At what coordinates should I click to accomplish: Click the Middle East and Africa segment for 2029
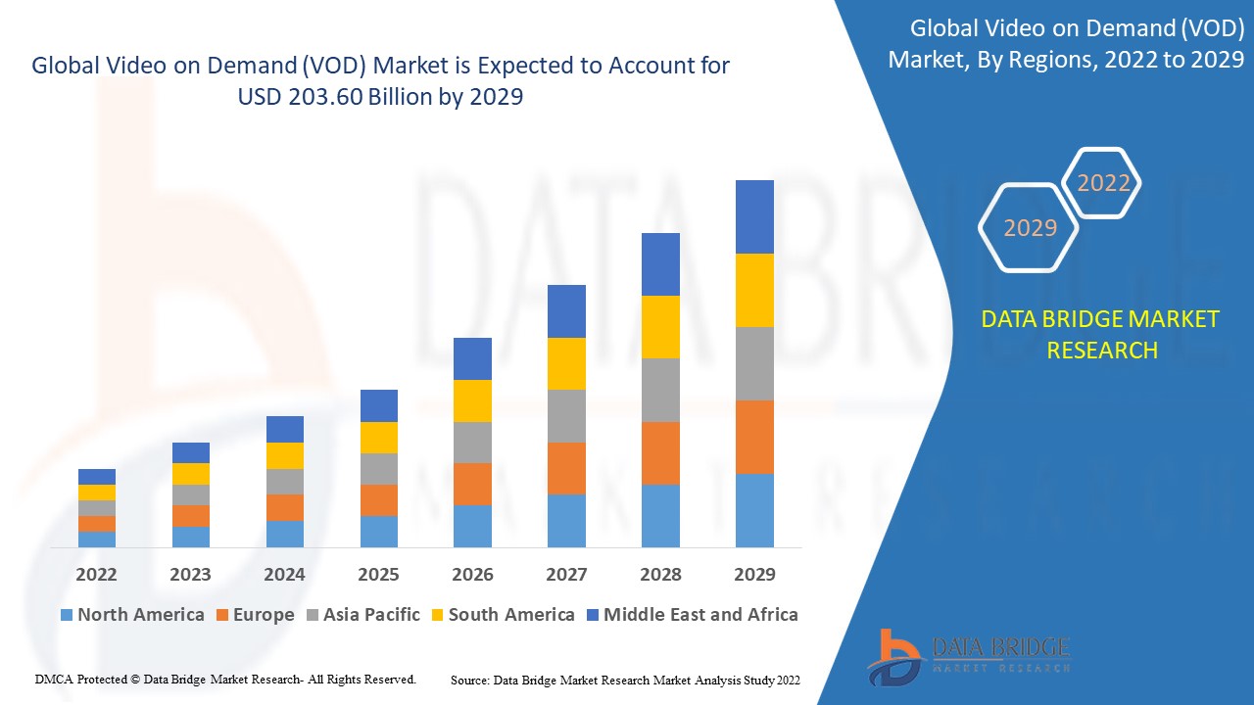[x=754, y=216]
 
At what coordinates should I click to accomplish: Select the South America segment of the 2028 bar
[x=660, y=327]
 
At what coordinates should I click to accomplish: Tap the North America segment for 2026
[x=472, y=526]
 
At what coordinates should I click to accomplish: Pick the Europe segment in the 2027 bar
[x=566, y=468]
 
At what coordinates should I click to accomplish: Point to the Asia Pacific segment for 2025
[x=378, y=469]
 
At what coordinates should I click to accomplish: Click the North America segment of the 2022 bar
[x=97, y=539]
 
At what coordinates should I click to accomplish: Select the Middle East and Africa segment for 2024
[x=284, y=429]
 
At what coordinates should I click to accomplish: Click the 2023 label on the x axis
[x=190, y=574]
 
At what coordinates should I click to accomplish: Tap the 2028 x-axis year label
[x=660, y=574]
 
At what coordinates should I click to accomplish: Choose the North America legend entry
[x=132, y=615]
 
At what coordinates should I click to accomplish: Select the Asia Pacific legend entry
[x=362, y=615]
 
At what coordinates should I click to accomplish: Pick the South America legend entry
[x=501, y=615]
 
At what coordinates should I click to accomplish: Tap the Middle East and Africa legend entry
[x=691, y=615]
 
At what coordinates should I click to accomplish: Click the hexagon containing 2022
[x=1103, y=183]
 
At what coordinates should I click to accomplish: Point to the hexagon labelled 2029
[x=1030, y=228]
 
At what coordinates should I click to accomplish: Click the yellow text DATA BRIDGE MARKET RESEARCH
[x=1101, y=335]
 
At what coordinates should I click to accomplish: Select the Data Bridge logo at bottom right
[x=968, y=655]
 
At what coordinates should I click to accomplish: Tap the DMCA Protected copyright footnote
[x=225, y=679]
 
